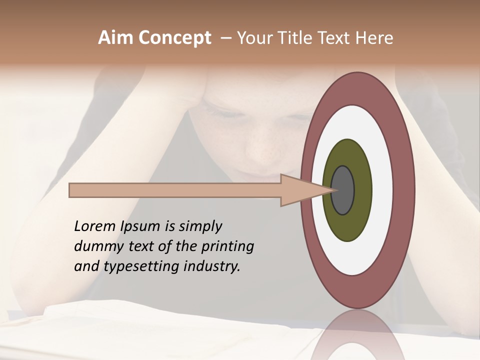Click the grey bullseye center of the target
coord(343,190)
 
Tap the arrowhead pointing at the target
coord(300,190)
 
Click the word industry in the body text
coord(212,266)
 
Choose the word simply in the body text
coord(200,226)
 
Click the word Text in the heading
coord(335,38)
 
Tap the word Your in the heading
coord(255,38)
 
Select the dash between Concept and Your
coord(225,38)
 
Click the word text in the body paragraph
coord(141,246)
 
